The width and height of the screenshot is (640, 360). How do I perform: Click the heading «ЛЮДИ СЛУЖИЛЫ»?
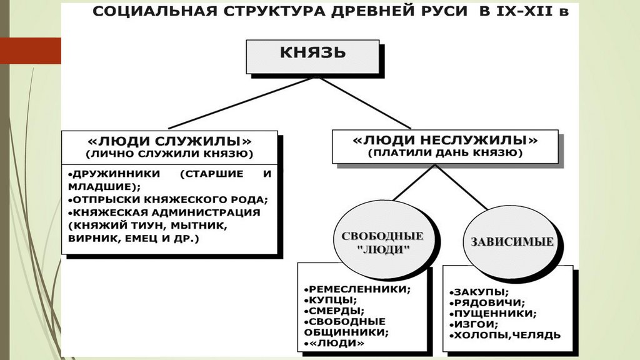[x=169, y=140]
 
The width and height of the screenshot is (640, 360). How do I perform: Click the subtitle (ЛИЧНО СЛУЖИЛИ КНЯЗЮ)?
[x=169, y=153]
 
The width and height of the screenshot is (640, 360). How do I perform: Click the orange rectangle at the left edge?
[x=30, y=51]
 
